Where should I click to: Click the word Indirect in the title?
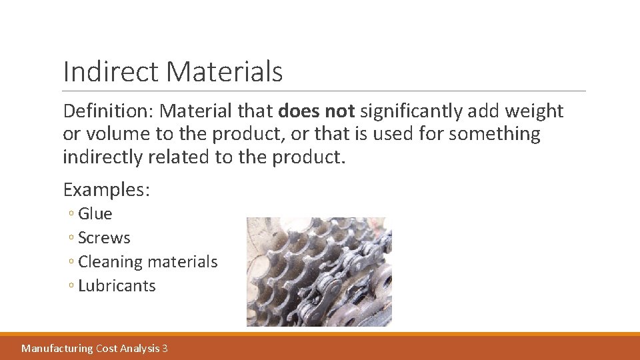click(x=110, y=71)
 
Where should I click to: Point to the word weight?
click(x=536, y=111)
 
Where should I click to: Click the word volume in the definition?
click(x=117, y=134)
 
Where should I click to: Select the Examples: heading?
click(x=107, y=189)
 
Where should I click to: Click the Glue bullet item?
click(x=95, y=214)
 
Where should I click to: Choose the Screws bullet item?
click(x=104, y=238)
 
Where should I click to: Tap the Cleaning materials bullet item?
click(x=147, y=262)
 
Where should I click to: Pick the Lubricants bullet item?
click(x=117, y=286)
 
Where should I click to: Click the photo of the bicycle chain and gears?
click(x=319, y=271)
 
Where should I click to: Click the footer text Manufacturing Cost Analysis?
click(x=90, y=348)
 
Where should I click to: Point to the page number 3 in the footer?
click(x=165, y=348)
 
